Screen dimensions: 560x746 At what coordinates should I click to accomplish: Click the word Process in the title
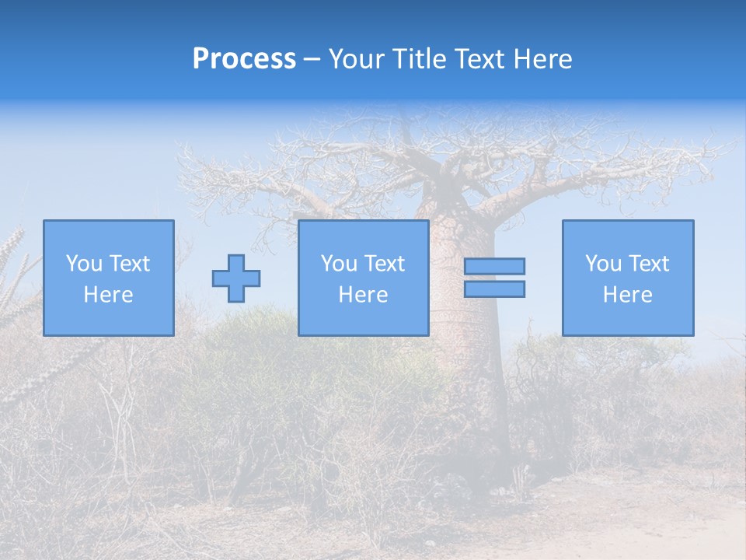[244, 59]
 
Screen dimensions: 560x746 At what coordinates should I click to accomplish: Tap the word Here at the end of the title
[542, 59]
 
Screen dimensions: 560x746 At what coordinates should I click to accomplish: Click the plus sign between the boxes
[236, 278]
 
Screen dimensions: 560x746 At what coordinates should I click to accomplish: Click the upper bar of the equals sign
[494, 266]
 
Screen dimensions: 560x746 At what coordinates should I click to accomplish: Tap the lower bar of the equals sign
[494, 289]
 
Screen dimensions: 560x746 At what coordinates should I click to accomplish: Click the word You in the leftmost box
[84, 264]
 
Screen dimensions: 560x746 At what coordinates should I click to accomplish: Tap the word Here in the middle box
[363, 295]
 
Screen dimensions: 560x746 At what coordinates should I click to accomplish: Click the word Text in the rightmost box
[648, 264]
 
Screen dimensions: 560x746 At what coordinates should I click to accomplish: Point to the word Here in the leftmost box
[108, 295]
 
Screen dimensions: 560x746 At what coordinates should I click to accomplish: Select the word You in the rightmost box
[603, 264]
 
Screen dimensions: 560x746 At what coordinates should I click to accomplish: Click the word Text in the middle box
[384, 264]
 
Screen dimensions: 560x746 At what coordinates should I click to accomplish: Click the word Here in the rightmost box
[627, 295]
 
